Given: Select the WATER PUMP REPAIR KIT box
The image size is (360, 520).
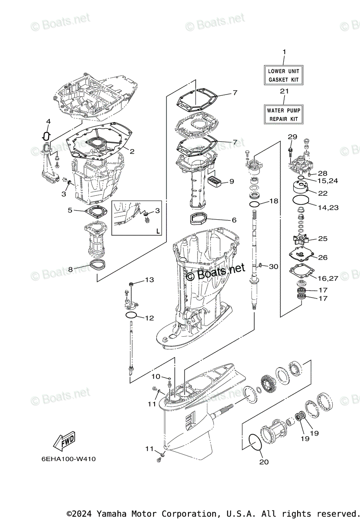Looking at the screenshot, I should click(284, 114).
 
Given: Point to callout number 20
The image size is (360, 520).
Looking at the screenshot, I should click(264, 462).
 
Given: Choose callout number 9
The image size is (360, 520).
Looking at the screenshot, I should click(231, 181).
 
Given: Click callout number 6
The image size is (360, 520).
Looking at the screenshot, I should click(234, 220).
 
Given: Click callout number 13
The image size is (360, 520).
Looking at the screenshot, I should click(149, 280).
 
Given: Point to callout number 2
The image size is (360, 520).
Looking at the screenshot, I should click(132, 152).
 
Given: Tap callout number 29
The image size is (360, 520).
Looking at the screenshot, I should click(292, 137).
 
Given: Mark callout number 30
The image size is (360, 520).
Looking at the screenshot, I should click(273, 266).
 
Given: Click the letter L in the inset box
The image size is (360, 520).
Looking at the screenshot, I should click(158, 231).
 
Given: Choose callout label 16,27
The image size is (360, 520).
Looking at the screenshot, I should click(328, 278).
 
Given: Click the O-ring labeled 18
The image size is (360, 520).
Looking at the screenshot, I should click(255, 204).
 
